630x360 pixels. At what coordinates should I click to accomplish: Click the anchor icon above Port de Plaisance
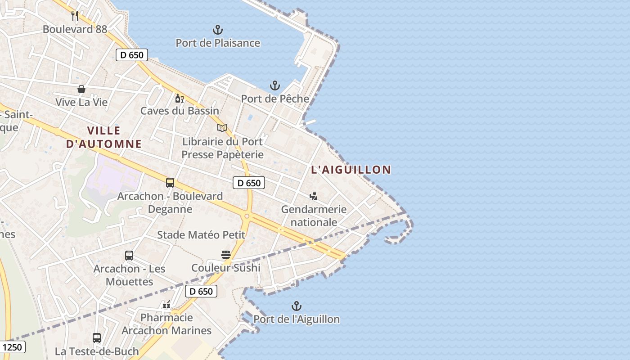tap(218, 30)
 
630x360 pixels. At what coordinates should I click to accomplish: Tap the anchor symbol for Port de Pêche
tap(274, 85)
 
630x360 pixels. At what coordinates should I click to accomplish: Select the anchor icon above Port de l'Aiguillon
tap(296, 306)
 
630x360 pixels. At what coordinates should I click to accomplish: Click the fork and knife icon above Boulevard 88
tap(75, 16)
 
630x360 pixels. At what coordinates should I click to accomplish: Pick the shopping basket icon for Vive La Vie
tap(81, 89)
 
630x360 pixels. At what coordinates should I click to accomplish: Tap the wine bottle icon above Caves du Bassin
tap(179, 98)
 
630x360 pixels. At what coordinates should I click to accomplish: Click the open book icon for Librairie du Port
tap(222, 128)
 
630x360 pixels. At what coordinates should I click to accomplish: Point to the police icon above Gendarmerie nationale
tap(314, 196)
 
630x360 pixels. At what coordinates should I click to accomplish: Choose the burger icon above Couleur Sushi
tap(226, 255)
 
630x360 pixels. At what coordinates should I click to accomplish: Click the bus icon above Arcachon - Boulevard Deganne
tap(170, 183)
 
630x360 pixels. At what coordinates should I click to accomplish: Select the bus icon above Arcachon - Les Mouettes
tap(129, 256)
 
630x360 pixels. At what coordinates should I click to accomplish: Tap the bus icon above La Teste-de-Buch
tap(97, 337)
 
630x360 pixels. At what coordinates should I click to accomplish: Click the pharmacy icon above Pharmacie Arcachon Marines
tap(166, 305)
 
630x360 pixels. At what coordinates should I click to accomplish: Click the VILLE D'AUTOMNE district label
tap(104, 137)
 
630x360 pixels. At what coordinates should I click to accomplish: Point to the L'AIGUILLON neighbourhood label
tap(351, 170)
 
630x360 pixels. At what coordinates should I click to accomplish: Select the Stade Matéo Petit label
tap(201, 235)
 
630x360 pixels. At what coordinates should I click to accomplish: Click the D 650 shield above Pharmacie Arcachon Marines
tap(201, 291)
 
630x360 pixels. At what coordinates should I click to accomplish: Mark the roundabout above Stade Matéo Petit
tap(247, 216)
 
